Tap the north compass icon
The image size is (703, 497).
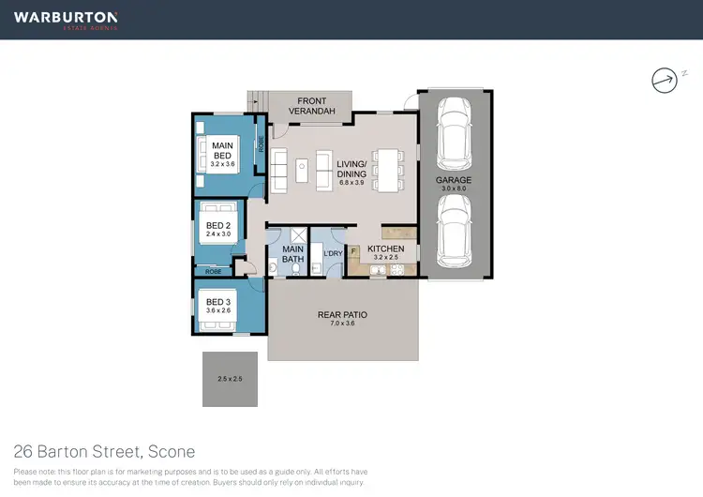tap(664, 81)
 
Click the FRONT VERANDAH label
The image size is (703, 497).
tap(310, 106)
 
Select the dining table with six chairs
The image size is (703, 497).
tap(386, 171)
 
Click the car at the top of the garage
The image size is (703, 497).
tap(453, 132)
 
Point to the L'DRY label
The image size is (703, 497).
tap(331, 254)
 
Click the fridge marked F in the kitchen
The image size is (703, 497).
tap(353, 250)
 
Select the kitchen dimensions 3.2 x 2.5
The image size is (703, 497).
tap(385, 258)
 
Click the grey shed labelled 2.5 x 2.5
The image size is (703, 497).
tap(230, 379)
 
